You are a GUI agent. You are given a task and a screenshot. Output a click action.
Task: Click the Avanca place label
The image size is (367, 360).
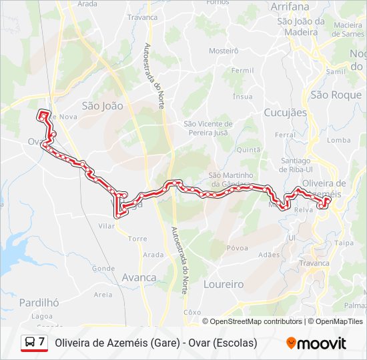point(139,277)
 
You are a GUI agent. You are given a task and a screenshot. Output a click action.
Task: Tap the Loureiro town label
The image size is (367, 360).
point(223,284)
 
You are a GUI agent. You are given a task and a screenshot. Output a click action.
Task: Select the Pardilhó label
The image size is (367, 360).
point(39,302)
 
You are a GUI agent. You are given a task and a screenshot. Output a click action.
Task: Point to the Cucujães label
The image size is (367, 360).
point(285,113)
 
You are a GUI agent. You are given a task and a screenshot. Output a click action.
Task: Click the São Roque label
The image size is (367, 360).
point(336,95)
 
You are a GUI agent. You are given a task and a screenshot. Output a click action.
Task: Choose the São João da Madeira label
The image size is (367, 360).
point(300,26)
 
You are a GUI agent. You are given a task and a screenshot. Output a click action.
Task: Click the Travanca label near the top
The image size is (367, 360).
point(143,17)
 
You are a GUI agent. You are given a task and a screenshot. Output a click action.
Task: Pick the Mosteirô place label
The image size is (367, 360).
point(224,51)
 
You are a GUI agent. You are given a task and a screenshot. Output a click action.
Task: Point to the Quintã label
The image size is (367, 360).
point(248,150)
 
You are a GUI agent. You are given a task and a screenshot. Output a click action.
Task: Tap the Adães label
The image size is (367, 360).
point(269,255)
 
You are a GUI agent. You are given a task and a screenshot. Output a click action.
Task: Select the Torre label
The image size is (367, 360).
point(137,238)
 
